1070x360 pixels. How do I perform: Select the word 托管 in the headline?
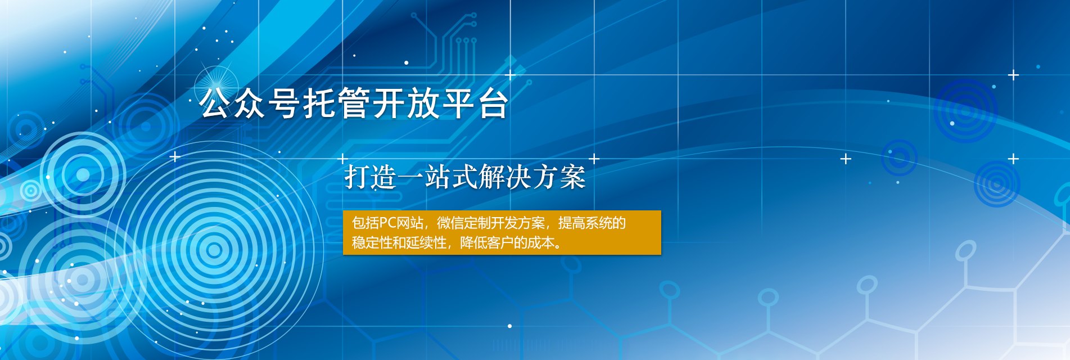[x=337, y=103]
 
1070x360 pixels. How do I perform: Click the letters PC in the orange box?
[x=388, y=223]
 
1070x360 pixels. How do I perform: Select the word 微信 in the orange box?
[x=450, y=223]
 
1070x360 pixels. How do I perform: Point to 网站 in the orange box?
[x=410, y=223]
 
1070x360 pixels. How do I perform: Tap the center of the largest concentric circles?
[x=214, y=250]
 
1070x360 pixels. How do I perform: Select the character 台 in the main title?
[x=494, y=103]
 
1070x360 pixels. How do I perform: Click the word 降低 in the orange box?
[x=473, y=243]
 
